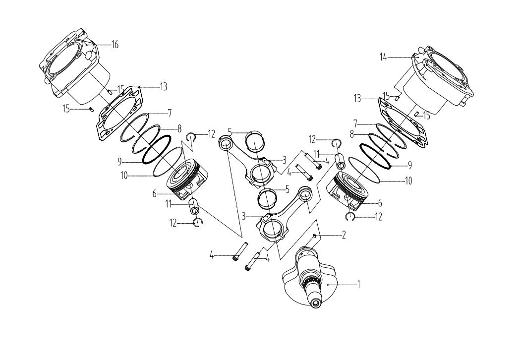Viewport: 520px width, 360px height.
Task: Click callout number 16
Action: pyautogui.click(x=115, y=45)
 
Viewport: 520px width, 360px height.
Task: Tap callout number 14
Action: pyautogui.click(x=383, y=58)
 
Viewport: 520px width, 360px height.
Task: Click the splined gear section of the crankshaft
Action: pyautogui.click(x=311, y=284)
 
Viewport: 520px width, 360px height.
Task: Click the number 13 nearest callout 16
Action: pyautogui.click(x=163, y=86)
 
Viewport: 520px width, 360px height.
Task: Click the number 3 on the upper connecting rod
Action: pyautogui.click(x=284, y=160)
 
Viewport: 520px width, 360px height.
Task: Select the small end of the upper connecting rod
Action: pyautogui.click(x=226, y=144)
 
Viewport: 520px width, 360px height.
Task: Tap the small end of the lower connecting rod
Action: pyautogui.click(x=304, y=194)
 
